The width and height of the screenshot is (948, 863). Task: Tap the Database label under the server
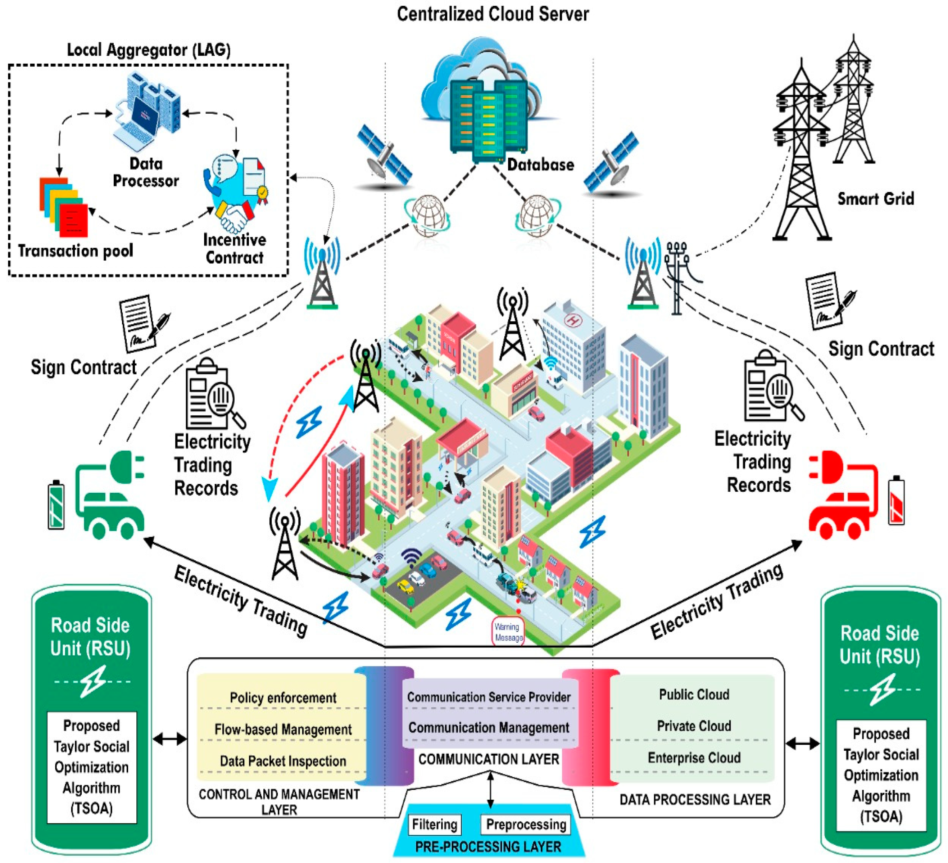540,164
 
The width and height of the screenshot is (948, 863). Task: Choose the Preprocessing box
526,824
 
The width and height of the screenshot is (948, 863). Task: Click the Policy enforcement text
283,697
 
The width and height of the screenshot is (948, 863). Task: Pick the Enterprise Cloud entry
694,758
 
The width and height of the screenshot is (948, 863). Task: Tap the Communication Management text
489,728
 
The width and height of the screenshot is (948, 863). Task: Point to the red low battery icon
896,501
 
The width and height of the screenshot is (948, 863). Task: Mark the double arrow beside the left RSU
169,739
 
